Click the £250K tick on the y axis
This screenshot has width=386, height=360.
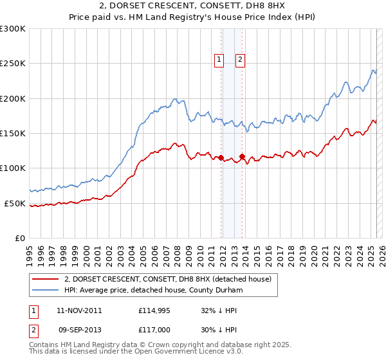[x=13, y=64]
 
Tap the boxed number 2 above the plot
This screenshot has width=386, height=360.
[x=240, y=60]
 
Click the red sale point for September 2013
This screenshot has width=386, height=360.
[x=242, y=156]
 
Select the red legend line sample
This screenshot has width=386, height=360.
[x=45, y=279]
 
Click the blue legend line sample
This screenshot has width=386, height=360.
[x=45, y=290]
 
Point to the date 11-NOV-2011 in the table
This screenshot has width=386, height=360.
[x=79, y=310]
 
